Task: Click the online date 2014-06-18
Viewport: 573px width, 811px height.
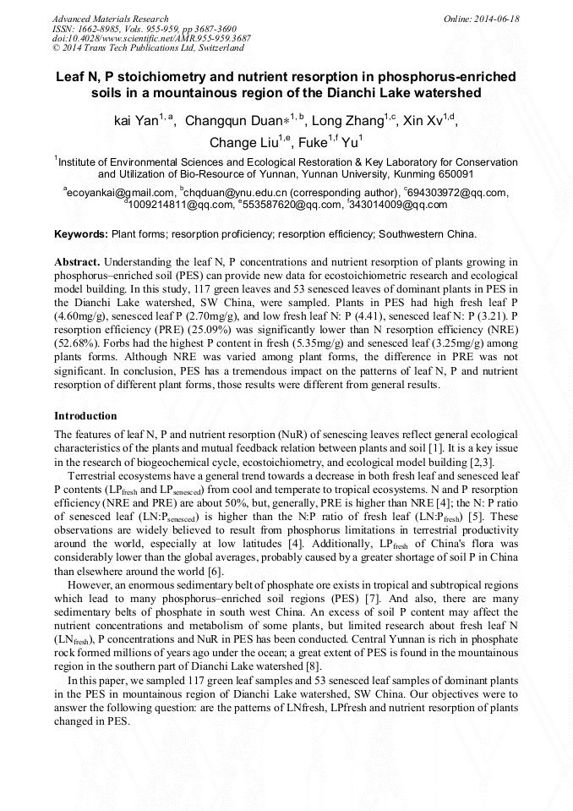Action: tap(497, 19)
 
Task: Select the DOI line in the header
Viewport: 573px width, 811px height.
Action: tap(151, 38)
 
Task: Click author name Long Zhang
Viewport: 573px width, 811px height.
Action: tap(350, 121)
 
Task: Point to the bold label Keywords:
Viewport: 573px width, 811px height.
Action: tap(81, 233)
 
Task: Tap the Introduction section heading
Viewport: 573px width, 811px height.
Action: tap(85, 416)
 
